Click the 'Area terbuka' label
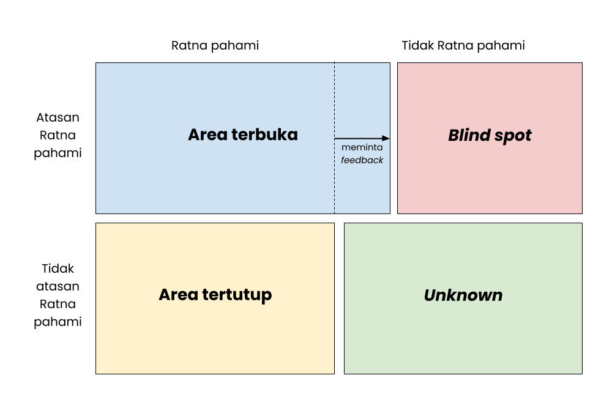pyautogui.click(x=242, y=135)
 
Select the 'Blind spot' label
pyautogui.click(x=490, y=135)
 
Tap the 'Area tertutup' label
pyautogui.click(x=215, y=295)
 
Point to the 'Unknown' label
pyautogui.click(x=463, y=295)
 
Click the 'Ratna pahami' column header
pyautogui.click(x=215, y=46)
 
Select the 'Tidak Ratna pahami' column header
pyautogui.click(x=463, y=46)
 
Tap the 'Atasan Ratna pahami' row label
pyautogui.click(x=58, y=135)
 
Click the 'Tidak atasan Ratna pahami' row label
pyautogui.click(x=58, y=295)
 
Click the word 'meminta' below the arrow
pyautogui.click(x=362, y=148)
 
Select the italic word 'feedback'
pyautogui.click(x=362, y=160)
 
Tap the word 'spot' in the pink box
pyautogui.click(x=513, y=135)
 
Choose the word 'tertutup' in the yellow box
pyautogui.click(x=240, y=295)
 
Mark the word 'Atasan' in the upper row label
pyautogui.click(x=58, y=117)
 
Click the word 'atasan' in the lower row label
pyautogui.click(x=58, y=286)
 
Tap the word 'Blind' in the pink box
pyautogui.click(x=469, y=135)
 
